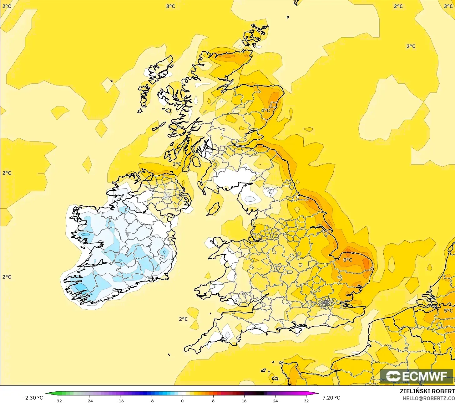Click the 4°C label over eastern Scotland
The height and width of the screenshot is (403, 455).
pyautogui.click(x=265, y=111)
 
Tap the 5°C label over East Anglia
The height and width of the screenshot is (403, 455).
pyautogui.click(x=347, y=260)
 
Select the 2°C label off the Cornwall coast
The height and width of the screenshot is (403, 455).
pyautogui.click(x=183, y=319)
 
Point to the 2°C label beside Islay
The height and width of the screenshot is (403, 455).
pyautogui.click(x=177, y=164)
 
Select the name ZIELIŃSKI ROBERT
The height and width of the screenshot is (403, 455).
pyautogui.click(x=427, y=391)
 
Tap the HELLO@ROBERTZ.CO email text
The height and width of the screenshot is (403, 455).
pyautogui.click(x=428, y=398)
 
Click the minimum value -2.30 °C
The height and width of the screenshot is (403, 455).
pyautogui.click(x=33, y=398)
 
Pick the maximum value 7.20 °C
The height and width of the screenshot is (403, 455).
pyautogui.click(x=331, y=398)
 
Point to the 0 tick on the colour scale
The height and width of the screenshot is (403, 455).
pyautogui.click(x=182, y=400)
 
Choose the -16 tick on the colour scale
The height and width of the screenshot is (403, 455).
pyautogui.click(x=120, y=400)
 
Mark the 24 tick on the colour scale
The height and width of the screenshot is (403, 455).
pyautogui.click(x=275, y=400)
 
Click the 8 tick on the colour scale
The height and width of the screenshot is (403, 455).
pyautogui.click(x=213, y=400)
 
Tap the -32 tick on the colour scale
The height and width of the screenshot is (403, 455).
pyautogui.click(x=58, y=400)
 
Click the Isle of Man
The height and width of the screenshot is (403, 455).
pyautogui.click(x=214, y=209)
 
